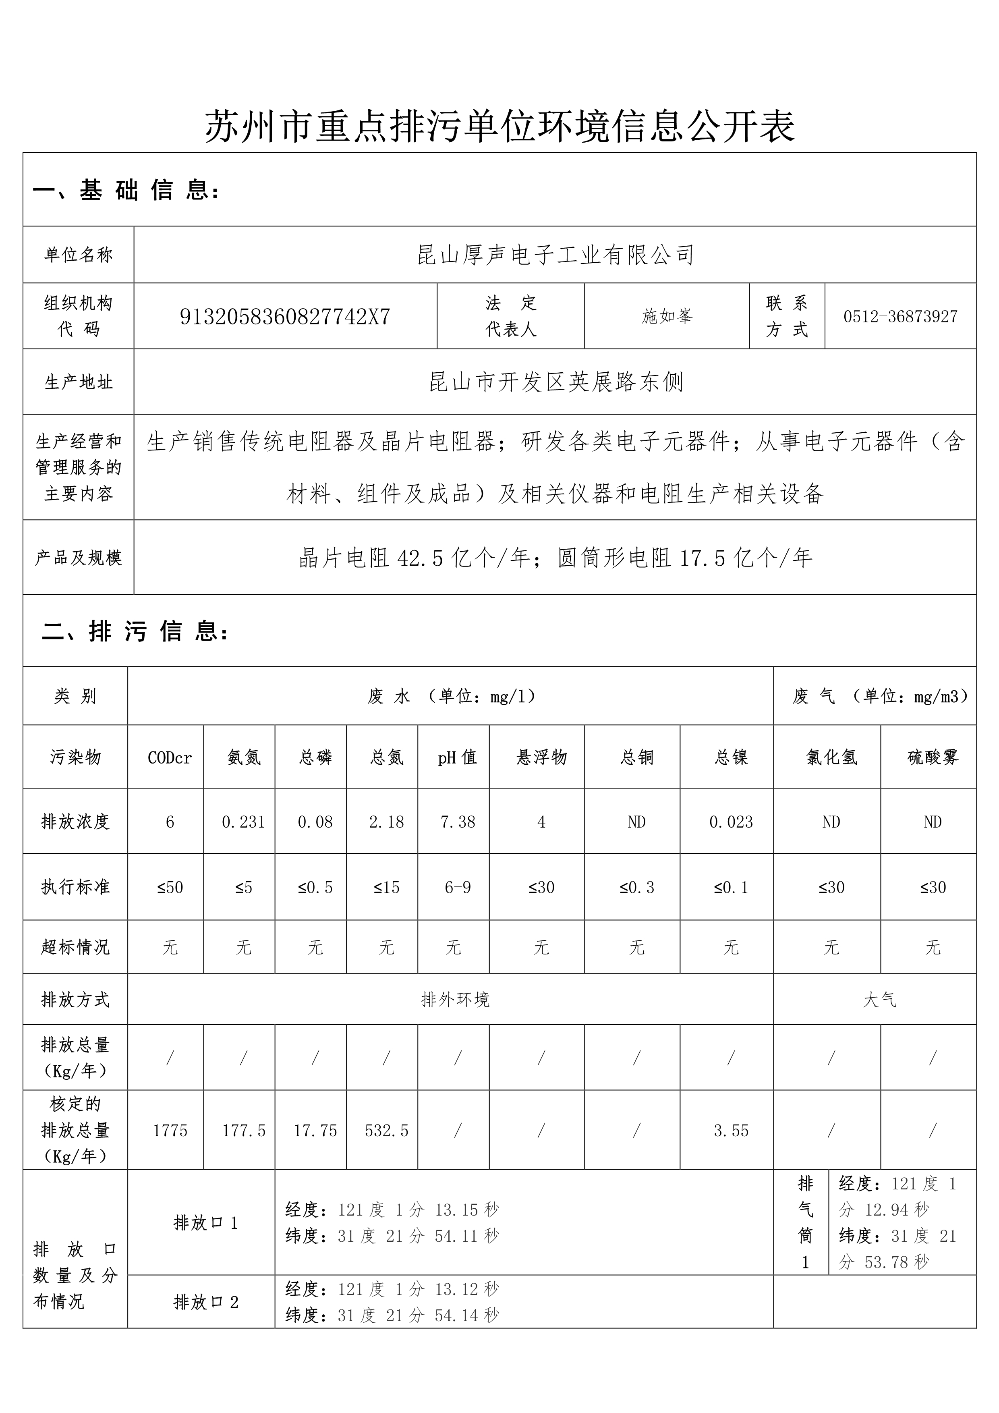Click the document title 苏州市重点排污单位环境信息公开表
[x=499, y=126]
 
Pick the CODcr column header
[x=169, y=757]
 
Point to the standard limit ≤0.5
[x=315, y=888]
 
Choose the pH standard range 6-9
[x=458, y=888]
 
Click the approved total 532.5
[x=386, y=1131]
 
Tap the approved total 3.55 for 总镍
[x=731, y=1131]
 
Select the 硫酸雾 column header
[x=933, y=757]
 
